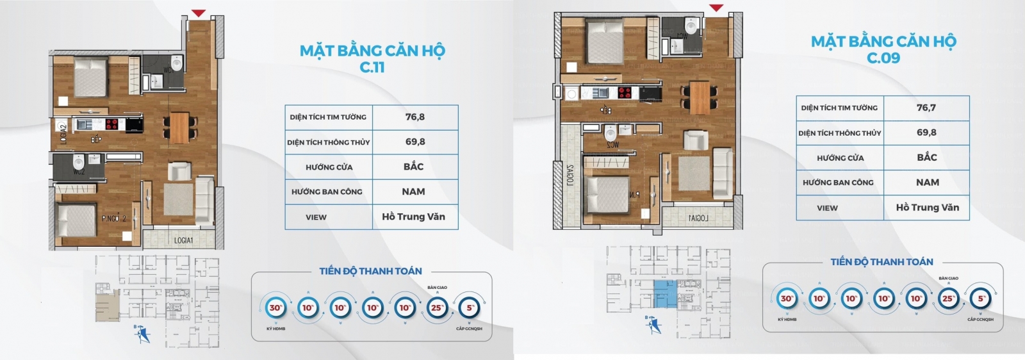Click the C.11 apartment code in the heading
(372, 67)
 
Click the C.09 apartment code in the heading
(883, 58)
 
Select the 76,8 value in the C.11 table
(415, 117)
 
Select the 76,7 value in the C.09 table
(926, 108)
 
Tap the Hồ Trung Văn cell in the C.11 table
(414, 217)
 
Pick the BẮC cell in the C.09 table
(926, 158)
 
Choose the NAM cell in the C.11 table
(414, 192)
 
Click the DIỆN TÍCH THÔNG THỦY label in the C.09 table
(840, 133)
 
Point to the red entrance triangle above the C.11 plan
(199, 13)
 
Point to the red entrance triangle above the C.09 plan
(716, 8)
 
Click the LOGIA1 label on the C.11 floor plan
(183, 240)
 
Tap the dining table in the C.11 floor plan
(179, 126)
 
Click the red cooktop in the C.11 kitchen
(113, 124)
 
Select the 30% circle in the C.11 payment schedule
(275, 308)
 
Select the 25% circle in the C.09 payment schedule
(948, 299)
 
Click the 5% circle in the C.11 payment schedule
(470, 308)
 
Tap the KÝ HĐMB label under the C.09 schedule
(787, 319)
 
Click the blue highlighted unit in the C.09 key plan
(664, 294)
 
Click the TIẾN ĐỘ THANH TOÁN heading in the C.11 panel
(371, 271)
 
